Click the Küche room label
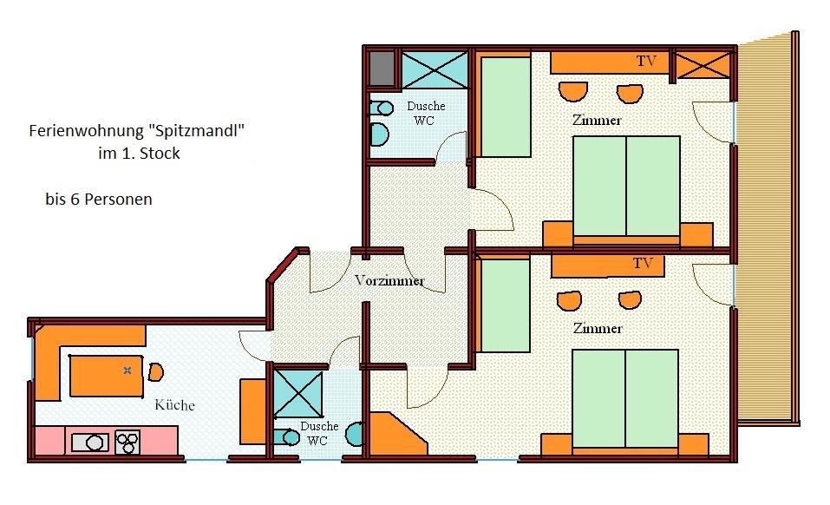pos(174,405)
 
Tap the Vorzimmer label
pos(389,280)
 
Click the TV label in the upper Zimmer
pos(646,62)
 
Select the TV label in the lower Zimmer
pos(644,264)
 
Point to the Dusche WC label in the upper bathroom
pos(426,114)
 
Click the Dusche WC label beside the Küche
pos(318,433)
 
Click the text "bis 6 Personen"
pos(99,199)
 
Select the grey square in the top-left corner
pos(382,69)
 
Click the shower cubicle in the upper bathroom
pos(435,69)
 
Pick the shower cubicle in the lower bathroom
pos(298,394)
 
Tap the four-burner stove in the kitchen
pos(127,443)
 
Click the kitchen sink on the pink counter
pos(90,442)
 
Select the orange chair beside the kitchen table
pos(155,371)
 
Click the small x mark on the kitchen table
pos(127,371)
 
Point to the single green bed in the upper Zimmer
pos(506,108)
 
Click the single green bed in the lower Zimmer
pos(505,305)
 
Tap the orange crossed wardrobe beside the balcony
pos(703,66)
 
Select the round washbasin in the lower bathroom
pos(355,434)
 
